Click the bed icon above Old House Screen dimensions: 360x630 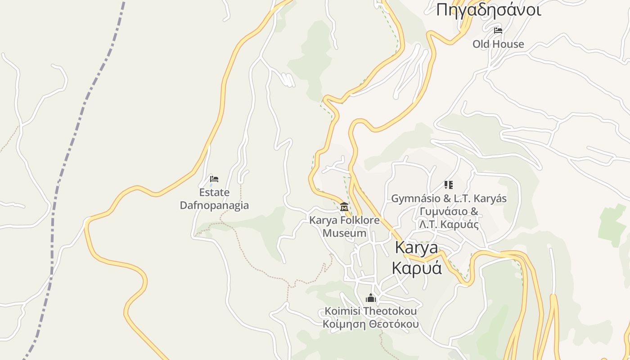coord(498,31)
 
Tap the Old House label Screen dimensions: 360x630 coord(498,44)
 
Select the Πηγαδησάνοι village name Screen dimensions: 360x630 coord(489,10)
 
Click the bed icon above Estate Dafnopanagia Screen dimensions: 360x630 coord(214,179)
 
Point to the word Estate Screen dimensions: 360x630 coord(214,193)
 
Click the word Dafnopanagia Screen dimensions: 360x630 coord(214,206)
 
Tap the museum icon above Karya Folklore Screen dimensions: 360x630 coord(344,207)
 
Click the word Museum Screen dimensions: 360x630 coord(344,233)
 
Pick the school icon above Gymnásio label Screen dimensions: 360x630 coord(448,185)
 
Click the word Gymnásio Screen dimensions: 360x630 coord(412,198)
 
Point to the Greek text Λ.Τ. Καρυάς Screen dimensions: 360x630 coord(449,225)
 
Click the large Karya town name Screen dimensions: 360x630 coord(416,247)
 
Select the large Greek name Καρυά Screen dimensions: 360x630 coord(416,268)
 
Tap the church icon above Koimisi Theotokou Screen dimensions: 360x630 coord(371,298)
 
